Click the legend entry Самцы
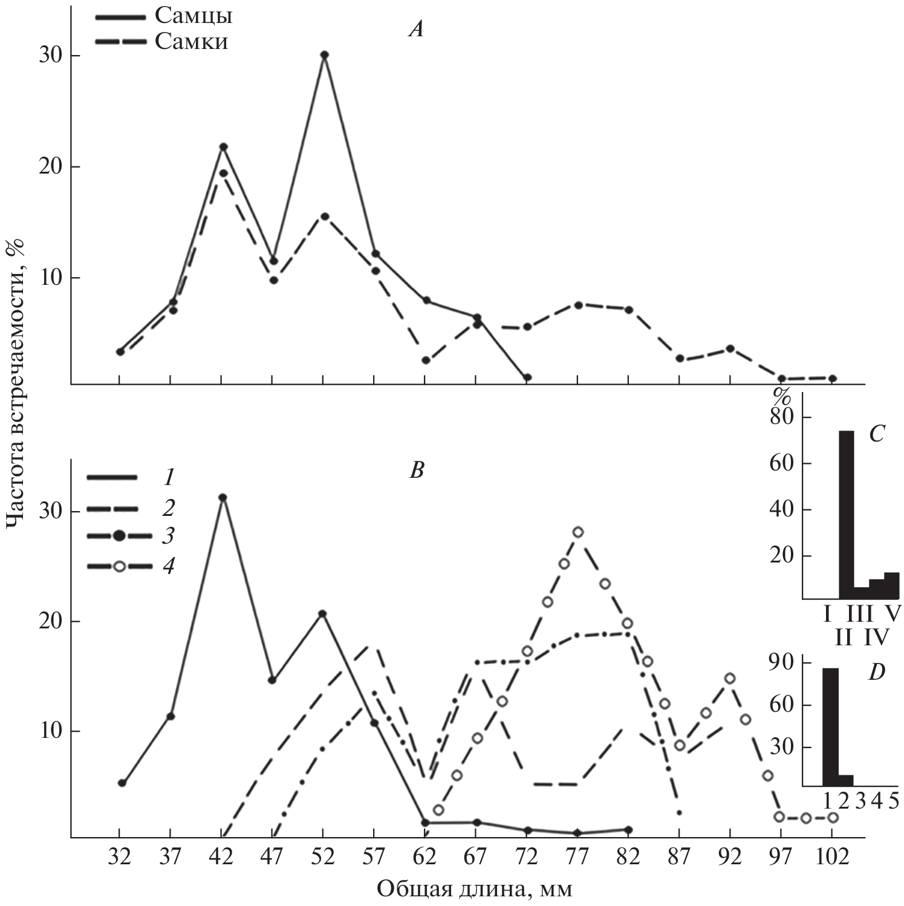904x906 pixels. [x=193, y=16]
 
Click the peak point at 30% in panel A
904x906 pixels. [x=325, y=55]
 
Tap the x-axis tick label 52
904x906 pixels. [x=324, y=858]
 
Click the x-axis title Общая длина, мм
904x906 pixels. [x=475, y=888]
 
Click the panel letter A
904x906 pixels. [x=416, y=29]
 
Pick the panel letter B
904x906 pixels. [x=417, y=470]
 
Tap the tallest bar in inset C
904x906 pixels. [x=846, y=514]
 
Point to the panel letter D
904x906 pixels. [x=876, y=673]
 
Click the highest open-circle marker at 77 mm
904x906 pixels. [x=578, y=532]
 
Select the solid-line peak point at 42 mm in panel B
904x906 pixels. [x=223, y=498]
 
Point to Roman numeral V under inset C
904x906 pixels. [x=893, y=615]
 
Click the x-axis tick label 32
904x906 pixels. [x=120, y=858]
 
